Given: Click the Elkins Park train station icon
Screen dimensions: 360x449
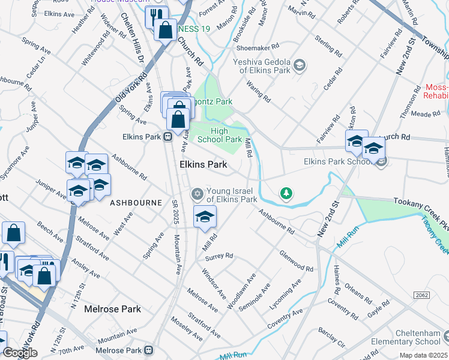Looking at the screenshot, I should point(169,136).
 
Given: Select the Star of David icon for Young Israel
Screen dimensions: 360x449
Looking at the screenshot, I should point(196,193).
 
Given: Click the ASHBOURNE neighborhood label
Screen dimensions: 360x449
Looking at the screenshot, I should point(136,203).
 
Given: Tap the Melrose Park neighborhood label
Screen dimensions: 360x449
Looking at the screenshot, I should point(112,309).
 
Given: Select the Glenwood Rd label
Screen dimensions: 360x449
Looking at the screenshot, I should point(296,261).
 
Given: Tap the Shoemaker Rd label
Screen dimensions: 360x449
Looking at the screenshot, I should point(258,46).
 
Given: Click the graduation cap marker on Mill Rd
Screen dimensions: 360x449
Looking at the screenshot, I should point(205,216).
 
